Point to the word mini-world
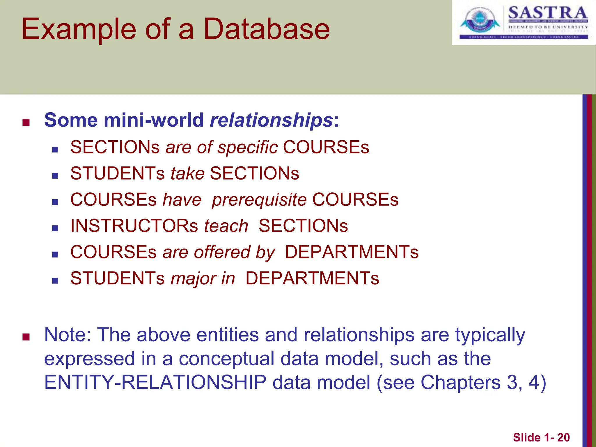154,120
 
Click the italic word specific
248,148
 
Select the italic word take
187,174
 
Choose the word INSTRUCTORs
134,226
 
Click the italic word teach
226,226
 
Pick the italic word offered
222,252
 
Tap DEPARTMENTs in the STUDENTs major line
312,279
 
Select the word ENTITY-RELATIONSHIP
155,382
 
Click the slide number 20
563,438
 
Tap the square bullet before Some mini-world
26,123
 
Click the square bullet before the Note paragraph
26,337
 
